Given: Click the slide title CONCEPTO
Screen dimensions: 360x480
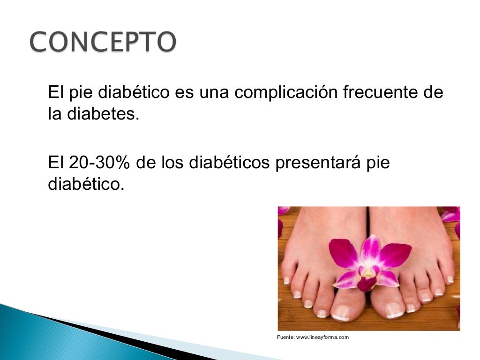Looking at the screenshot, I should pyautogui.click(x=103, y=43).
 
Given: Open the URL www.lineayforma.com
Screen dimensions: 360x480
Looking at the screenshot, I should pyautogui.click(x=322, y=337).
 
